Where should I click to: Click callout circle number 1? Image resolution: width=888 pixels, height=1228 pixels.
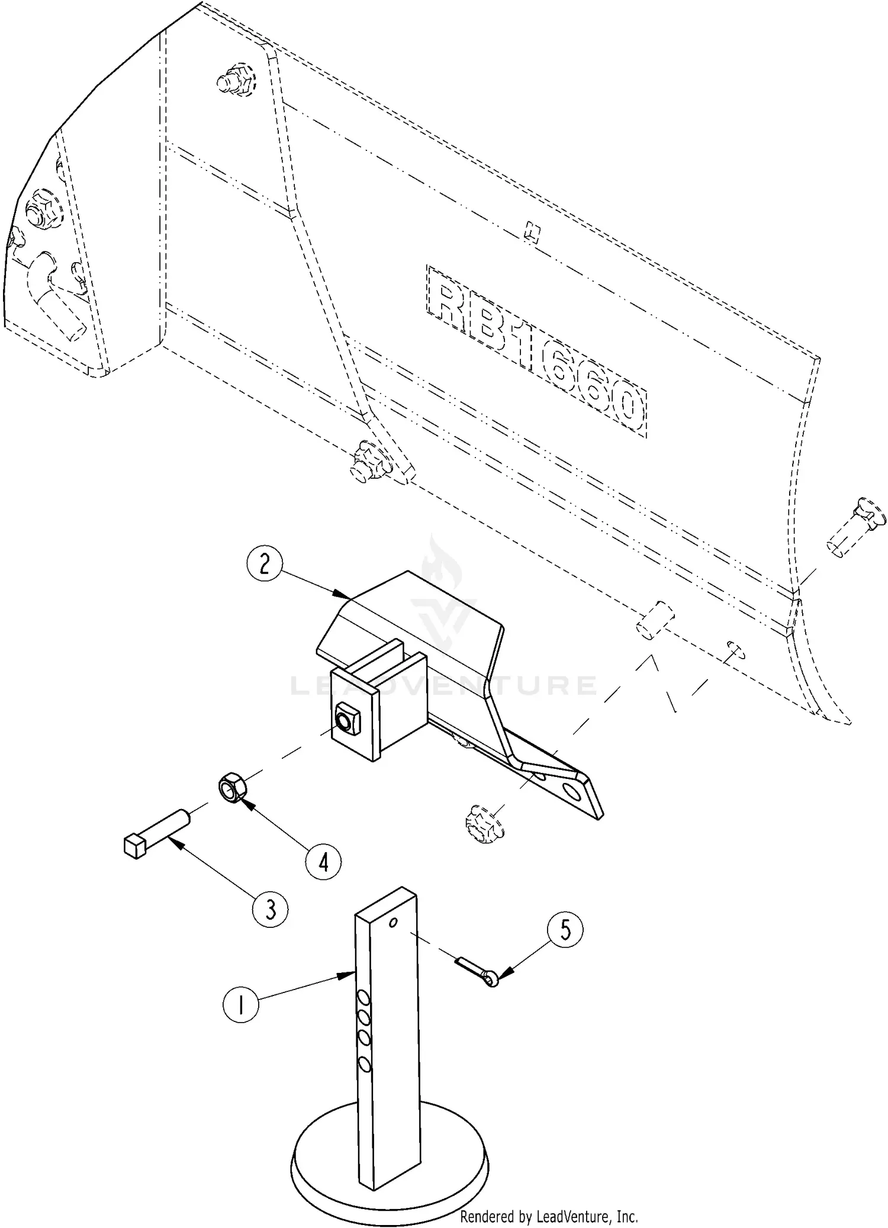240,1005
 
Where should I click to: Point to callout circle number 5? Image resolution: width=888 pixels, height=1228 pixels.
565,930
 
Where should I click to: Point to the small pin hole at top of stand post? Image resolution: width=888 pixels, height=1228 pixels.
393,923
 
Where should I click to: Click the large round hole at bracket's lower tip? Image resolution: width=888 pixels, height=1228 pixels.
573,791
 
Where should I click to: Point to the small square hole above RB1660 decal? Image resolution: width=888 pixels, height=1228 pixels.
532,232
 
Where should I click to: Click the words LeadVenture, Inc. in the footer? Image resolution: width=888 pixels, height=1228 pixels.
586,1213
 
